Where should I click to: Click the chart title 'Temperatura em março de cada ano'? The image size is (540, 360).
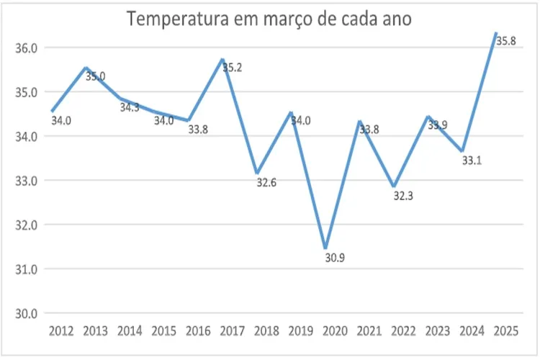[x=269, y=19]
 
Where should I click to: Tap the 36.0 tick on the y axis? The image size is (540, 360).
[x=26, y=48]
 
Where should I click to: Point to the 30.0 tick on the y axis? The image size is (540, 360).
[x=26, y=313]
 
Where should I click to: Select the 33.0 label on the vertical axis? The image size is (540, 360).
[x=26, y=181]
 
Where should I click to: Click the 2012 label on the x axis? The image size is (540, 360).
[x=60, y=332]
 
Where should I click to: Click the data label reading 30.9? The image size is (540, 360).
[x=335, y=258]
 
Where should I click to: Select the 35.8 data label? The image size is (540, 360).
[x=506, y=42]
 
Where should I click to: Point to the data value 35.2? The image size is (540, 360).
[x=232, y=68]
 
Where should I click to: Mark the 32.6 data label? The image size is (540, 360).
[x=266, y=183]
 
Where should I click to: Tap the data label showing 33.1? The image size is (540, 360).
[x=472, y=161]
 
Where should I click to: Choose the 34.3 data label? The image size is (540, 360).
[x=130, y=107]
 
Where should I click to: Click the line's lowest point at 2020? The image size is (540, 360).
[x=325, y=247]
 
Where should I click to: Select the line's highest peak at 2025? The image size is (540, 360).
[x=496, y=33]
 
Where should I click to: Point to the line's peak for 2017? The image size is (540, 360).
[x=222, y=60]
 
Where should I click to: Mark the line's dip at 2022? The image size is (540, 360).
[x=394, y=186]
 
